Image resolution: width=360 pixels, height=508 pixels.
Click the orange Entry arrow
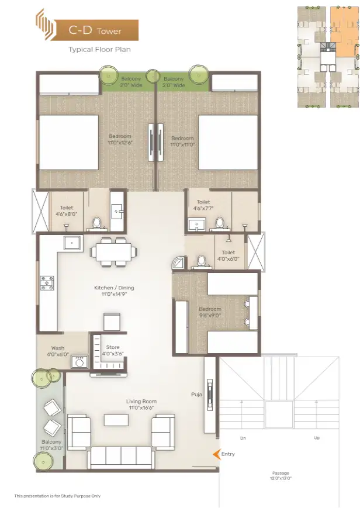pyautogui.click(x=216, y=454)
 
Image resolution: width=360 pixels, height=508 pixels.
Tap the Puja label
pyautogui.click(x=197, y=394)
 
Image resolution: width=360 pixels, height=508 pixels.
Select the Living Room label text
pyautogui.click(x=141, y=405)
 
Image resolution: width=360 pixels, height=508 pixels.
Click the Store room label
pyautogui.click(x=113, y=350)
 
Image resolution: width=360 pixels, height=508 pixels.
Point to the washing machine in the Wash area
pyautogui.click(x=79, y=361)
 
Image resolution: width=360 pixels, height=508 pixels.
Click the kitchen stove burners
pyautogui.click(x=47, y=283)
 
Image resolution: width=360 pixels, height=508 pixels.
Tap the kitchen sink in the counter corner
pyautogui.click(x=72, y=243)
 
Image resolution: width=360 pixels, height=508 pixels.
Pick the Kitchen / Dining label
pyautogui.click(x=114, y=291)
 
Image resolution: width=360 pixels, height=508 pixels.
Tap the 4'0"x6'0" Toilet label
pyautogui.click(x=228, y=255)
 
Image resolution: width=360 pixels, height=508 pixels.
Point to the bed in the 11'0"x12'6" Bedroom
pyautogui.click(x=69, y=142)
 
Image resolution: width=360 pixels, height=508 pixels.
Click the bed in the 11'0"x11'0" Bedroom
pyautogui.click(x=228, y=142)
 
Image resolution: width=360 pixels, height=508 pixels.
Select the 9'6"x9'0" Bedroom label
pyautogui.click(x=210, y=312)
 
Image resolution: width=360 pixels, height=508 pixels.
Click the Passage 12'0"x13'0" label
pyautogui.click(x=281, y=476)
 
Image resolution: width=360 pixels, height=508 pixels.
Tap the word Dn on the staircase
pyautogui.click(x=243, y=438)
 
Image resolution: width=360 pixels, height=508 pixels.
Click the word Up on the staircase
pyautogui.click(x=317, y=438)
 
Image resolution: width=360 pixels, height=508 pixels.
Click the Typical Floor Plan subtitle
pyautogui.click(x=99, y=50)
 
